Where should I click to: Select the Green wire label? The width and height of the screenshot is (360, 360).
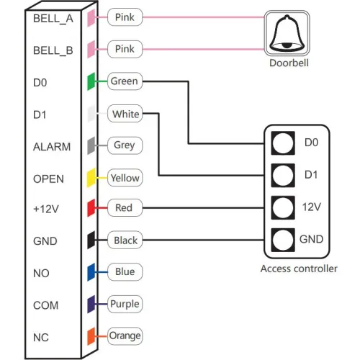tap(124, 81)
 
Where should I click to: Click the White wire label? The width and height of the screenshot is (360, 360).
tap(126, 114)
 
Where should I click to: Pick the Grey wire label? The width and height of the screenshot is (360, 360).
tap(124, 145)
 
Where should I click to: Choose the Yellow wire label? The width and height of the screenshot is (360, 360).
tap(125, 177)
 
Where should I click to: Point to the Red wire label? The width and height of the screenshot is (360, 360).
tap(124, 209)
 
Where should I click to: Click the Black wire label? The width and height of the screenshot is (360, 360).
tap(125, 240)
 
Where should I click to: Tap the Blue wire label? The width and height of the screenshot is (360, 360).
tap(124, 272)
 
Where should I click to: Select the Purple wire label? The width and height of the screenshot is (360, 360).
tap(125, 304)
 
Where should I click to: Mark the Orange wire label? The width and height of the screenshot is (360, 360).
tap(125, 336)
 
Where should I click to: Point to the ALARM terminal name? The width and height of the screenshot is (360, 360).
tap(52, 147)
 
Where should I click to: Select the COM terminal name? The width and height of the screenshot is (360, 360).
tap(45, 305)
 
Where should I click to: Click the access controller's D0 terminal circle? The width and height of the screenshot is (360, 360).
tap(283, 143)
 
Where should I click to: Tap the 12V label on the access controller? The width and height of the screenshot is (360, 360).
tap(311, 207)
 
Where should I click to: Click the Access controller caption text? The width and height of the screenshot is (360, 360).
tap(298, 269)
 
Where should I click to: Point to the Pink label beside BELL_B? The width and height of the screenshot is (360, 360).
tap(124, 50)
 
